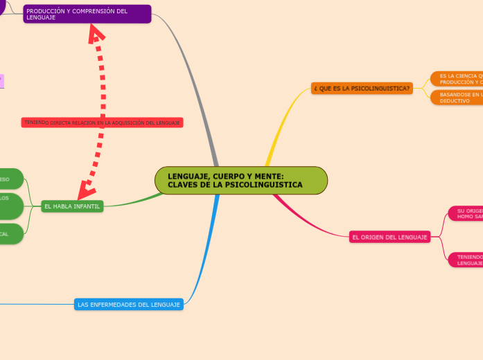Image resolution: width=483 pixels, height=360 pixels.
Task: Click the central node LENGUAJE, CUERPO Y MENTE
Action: pos(240,180)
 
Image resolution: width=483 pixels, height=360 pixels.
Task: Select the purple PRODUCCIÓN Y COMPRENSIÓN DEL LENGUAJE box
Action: pos(87,14)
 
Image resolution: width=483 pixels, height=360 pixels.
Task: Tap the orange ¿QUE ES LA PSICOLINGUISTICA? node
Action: pos(362,89)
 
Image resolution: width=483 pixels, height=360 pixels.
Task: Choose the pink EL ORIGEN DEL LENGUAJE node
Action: pos(389,237)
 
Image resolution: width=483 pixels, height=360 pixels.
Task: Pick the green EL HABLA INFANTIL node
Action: pos(72,206)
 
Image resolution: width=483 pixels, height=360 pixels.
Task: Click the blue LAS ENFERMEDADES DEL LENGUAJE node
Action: pos(129,305)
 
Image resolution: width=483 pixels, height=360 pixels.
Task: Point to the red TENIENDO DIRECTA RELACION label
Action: pos(102,123)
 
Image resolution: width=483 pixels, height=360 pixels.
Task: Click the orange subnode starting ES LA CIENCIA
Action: pos(456,78)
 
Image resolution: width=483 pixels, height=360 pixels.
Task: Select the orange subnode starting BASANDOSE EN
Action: pos(456,97)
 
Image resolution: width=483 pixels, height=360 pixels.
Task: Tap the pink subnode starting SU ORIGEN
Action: pos(465,213)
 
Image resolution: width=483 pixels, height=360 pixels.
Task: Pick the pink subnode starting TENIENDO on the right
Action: pos(465,260)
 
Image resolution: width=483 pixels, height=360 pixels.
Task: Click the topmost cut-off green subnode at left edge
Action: pos(10,179)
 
